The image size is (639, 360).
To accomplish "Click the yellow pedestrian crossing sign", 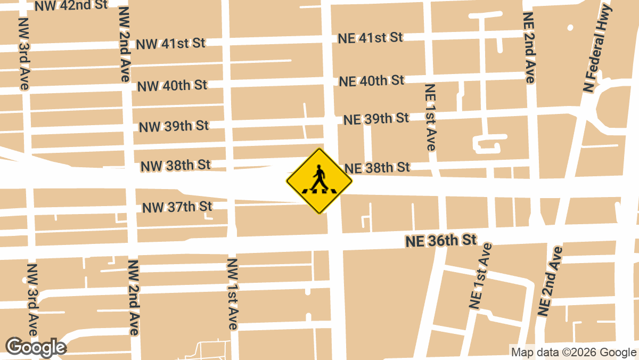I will pos(319,181).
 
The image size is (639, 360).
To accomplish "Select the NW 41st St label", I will pos(170,44).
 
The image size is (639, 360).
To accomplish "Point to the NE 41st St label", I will pos(370,38).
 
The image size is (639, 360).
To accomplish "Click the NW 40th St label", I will pos(172,85).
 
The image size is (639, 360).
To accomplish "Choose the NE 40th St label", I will pos(372,81).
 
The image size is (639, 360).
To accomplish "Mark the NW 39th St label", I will pos(174,126).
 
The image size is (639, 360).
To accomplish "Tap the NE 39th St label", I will pos(376,119).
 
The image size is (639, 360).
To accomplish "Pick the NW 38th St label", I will pos(175,166).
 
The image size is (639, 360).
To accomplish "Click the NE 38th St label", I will pos(377,168).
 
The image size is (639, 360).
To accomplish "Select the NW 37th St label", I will pos(177,207).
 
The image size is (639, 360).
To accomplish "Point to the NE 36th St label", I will pos(440,241).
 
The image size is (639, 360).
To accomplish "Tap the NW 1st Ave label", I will pos(232,294).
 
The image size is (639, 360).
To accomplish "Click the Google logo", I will pos(35,347).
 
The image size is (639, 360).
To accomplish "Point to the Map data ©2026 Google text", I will pos(574,352).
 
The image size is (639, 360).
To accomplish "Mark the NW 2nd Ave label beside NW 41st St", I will pos(123,44).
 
